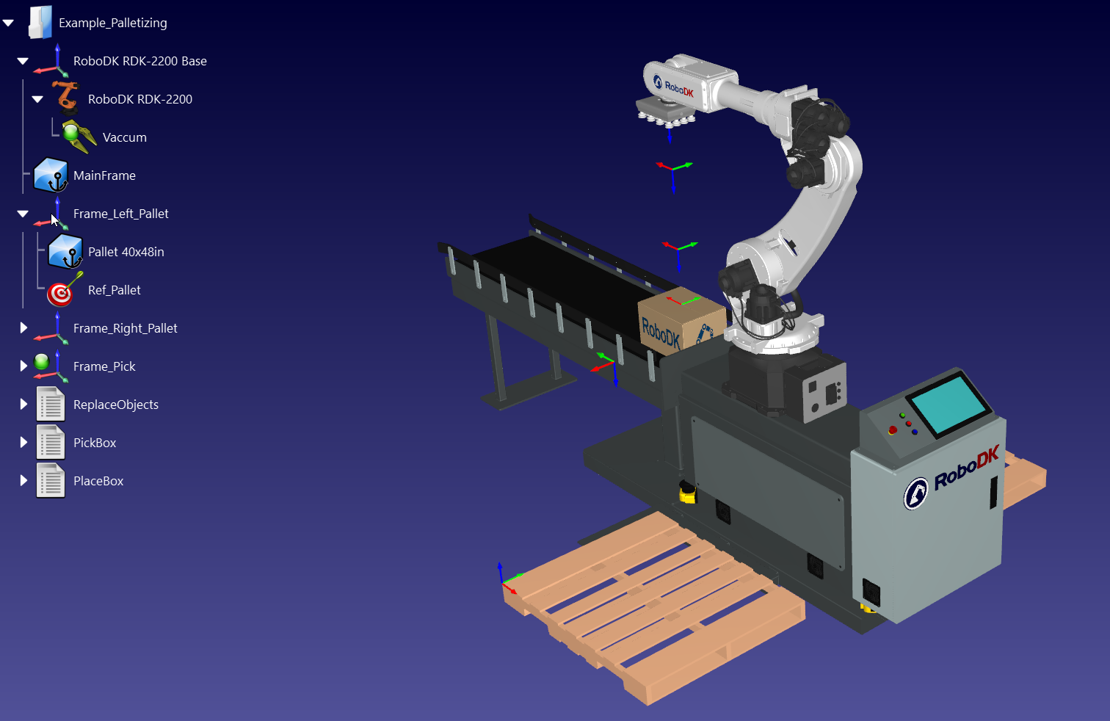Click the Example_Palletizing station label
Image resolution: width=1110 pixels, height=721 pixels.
pos(112,23)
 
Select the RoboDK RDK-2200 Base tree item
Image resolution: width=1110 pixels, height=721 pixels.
pos(139,61)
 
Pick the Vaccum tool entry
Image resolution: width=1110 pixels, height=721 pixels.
pos(124,137)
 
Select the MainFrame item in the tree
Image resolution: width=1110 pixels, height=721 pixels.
pos(104,175)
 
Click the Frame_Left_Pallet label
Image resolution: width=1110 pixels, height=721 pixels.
pos(120,214)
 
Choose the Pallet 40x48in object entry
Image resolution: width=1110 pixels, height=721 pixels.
pos(126,252)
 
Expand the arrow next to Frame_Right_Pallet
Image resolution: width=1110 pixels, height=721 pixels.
pos(23,327)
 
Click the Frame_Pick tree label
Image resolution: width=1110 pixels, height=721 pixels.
pos(104,366)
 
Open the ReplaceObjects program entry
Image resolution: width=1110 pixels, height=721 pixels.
pos(115,405)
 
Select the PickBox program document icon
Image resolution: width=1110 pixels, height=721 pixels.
pos(51,443)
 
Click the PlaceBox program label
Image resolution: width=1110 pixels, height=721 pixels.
pos(98,481)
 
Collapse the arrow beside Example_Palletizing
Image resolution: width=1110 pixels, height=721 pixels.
pos(9,23)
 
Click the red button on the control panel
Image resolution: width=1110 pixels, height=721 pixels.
pos(893,430)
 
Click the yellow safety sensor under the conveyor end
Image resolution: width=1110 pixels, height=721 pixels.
pos(687,493)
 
